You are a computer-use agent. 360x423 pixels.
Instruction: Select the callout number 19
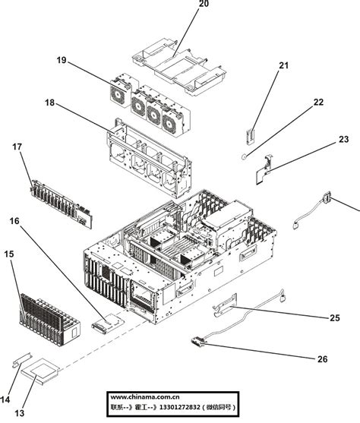click(62, 60)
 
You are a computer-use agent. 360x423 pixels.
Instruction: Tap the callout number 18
click(50, 103)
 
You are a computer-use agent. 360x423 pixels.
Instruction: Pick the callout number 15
click(9, 254)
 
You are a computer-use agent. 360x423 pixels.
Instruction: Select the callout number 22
click(318, 102)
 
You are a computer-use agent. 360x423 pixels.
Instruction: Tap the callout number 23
click(343, 139)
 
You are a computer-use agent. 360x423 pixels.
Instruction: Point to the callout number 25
click(334, 317)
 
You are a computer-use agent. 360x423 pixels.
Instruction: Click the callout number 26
click(322, 358)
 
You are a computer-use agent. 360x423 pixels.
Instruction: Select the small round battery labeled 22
click(245, 155)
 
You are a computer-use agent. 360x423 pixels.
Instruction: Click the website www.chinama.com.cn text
click(145, 396)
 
